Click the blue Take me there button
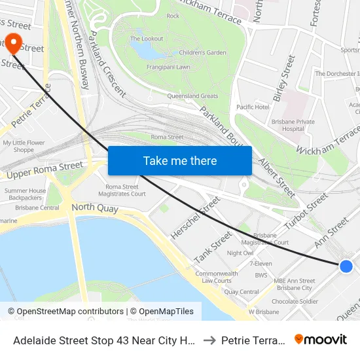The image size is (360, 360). (180, 160)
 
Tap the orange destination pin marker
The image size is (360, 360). (13, 43)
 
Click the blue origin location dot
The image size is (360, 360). (346, 266)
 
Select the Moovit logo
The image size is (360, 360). (321, 340)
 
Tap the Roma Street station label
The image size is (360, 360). (168, 137)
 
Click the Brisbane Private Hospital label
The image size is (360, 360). (293, 125)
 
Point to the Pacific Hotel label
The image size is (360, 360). (253, 107)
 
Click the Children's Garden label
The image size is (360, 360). (203, 52)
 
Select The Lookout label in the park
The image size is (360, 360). (147, 39)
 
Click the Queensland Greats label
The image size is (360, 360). (192, 96)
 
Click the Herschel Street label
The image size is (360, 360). (196, 218)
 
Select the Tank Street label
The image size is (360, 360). (213, 247)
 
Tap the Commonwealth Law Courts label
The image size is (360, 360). (217, 277)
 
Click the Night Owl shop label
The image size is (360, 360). (240, 253)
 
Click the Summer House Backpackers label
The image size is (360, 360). (25, 194)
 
